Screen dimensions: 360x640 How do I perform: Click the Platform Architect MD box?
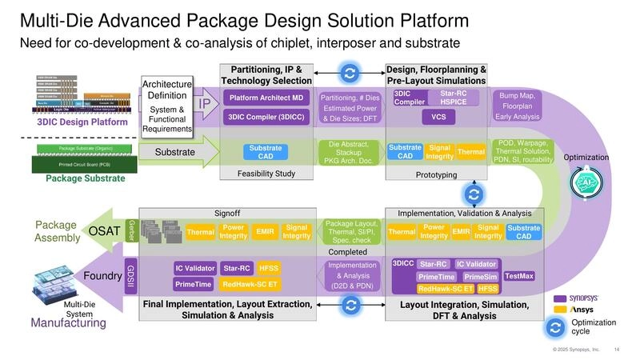point(265,98)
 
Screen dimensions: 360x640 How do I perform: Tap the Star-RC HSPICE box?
point(454,98)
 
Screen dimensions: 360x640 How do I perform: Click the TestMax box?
point(519,276)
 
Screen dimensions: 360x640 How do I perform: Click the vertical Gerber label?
point(131,229)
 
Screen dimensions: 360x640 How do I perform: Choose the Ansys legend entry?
point(570,310)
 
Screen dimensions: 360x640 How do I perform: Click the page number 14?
point(617,349)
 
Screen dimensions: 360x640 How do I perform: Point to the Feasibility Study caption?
point(265,173)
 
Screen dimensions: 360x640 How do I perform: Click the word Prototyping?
point(437,174)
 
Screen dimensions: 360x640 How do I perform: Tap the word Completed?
point(348,250)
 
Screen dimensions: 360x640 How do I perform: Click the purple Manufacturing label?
point(68,323)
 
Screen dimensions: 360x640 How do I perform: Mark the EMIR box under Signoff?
point(263,231)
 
